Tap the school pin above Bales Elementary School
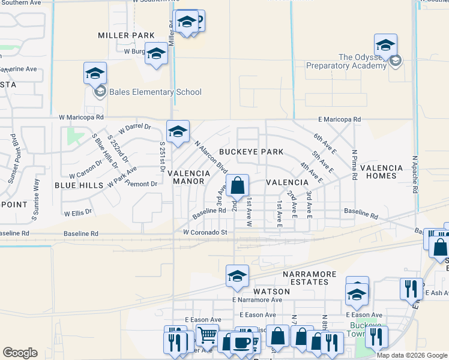[x=95, y=73]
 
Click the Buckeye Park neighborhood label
[x=251, y=152]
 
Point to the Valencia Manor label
[x=188, y=177]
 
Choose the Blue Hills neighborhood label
[x=79, y=185]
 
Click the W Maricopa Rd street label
[x=81, y=118]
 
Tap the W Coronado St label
[x=205, y=232]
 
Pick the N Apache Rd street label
[x=414, y=175]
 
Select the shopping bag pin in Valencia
[x=238, y=186]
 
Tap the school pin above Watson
[x=237, y=276]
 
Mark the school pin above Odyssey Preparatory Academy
[x=385, y=45]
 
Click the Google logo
[x=20, y=353]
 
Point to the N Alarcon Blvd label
[x=211, y=157]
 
